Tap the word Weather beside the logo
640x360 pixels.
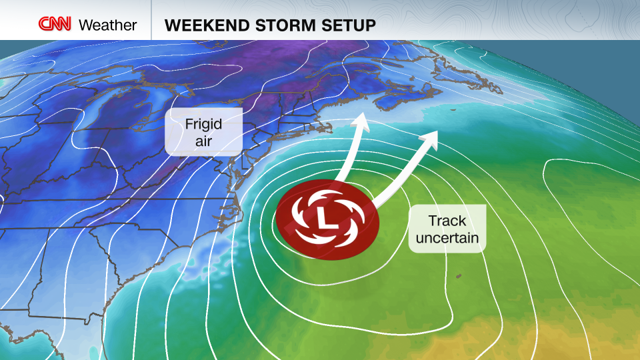click(107, 25)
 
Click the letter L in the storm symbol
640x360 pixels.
click(327, 217)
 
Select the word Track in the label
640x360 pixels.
click(446, 220)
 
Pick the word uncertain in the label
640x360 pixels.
click(446, 237)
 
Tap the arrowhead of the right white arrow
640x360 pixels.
click(430, 137)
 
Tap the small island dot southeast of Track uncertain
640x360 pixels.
click(458, 275)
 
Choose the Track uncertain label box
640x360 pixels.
click(446, 229)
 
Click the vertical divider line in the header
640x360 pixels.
click(151, 20)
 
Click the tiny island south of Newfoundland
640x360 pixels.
click(453, 109)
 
